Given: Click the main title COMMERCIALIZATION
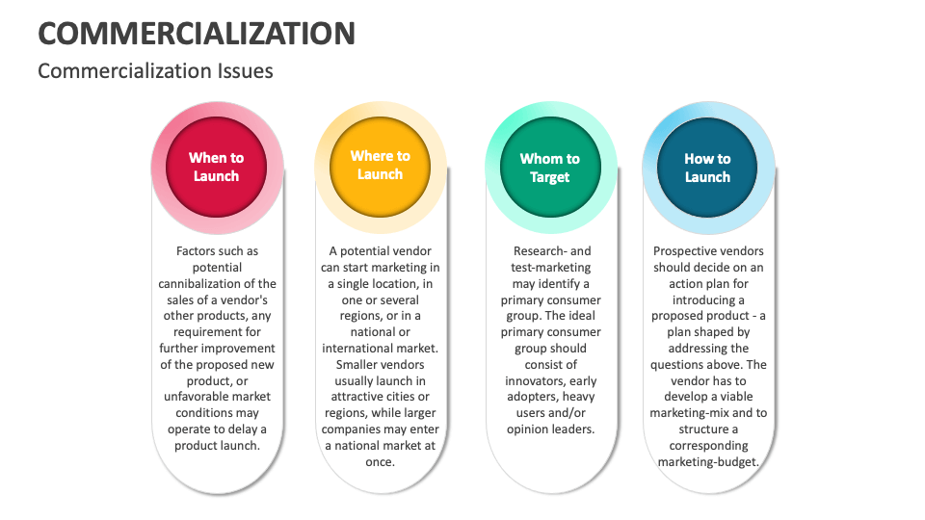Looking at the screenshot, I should point(197,33).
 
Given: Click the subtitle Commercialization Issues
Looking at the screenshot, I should point(155,70).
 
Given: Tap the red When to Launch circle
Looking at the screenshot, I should point(216,167).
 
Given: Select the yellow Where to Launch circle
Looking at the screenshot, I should point(380,165).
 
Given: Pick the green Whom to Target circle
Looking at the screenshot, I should point(549,168).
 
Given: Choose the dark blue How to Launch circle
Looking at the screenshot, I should point(707,168).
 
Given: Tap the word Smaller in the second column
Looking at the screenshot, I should point(360,364).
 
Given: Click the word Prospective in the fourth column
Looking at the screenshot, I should point(687,251).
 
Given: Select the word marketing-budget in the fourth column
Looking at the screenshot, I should point(708,461).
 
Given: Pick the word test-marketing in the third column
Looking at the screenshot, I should point(550,268).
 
